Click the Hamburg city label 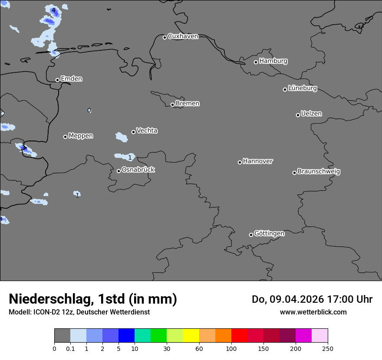tap(273, 61)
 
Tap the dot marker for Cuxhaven tap(165, 37)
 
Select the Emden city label tap(71, 79)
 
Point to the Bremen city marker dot tap(172, 105)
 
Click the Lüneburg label tap(302, 88)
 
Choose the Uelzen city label tap(311, 114)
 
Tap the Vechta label tap(147, 131)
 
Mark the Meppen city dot tap(65, 137)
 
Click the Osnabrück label tap(138, 170)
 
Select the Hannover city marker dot tap(240, 162)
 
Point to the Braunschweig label tap(319, 172)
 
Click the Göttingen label tap(269, 234)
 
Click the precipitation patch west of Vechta tap(122, 137)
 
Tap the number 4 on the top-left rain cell tap(53, 10)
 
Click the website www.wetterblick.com tap(313, 312)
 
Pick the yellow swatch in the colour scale tap(191, 336)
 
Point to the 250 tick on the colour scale tap(328, 349)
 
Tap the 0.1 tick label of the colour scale tap(70, 349)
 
